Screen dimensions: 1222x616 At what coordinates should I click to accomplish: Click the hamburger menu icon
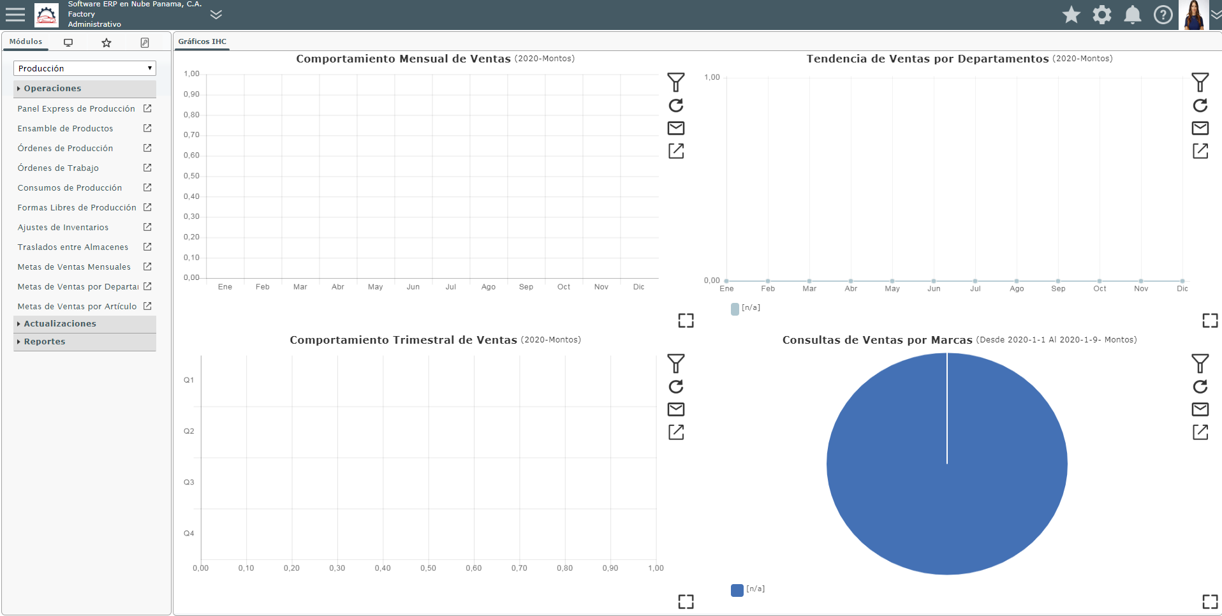coord(15,15)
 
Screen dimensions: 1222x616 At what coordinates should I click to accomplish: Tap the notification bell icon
coord(1133,15)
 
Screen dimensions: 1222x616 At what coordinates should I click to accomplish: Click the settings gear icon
coord(1102,15)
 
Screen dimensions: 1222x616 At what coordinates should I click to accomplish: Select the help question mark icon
coord(1163,15)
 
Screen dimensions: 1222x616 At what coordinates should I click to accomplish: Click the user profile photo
coord(1193,15)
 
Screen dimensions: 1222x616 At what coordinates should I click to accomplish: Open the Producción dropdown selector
coord(85,68)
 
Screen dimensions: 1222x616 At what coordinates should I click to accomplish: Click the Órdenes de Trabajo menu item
coord(58,168)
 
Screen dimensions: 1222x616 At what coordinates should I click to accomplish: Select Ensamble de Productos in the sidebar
coord(65,128)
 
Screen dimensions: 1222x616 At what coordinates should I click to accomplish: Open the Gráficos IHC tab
coord(202,41)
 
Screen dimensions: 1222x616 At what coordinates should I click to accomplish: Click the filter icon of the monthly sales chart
coord(676,82)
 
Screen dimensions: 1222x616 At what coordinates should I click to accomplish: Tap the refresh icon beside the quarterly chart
coord(676,386)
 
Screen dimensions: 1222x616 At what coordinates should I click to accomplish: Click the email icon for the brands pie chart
coord(1200,409)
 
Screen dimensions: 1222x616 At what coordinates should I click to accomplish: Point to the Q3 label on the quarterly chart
coord(189,482)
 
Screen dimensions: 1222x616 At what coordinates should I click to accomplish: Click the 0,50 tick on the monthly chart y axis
coord(191,176)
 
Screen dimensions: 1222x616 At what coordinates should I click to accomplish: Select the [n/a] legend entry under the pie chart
coord(748,589)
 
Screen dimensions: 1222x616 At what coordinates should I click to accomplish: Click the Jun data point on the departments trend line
coord(934,281)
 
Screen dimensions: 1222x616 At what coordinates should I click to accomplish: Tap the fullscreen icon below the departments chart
coord(1210,320)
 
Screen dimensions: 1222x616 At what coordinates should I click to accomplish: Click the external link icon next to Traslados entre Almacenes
coord(147,247)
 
